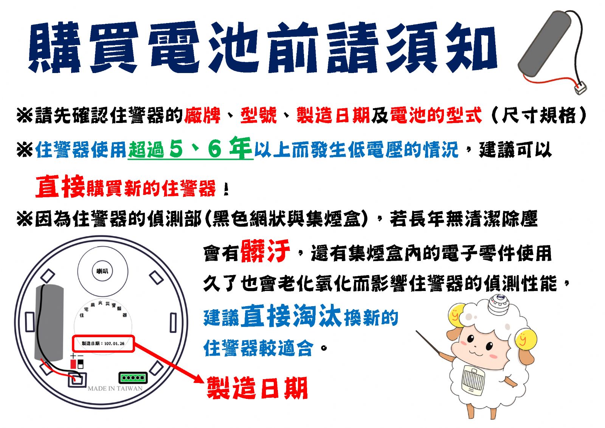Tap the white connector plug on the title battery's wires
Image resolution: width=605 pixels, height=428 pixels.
(580, 88)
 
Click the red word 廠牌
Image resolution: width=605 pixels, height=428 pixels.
(202, 115)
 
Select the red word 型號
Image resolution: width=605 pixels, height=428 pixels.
(259, 115)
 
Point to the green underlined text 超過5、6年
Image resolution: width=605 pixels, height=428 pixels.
(190, 148)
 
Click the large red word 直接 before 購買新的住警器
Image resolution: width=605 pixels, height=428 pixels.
(60, 186)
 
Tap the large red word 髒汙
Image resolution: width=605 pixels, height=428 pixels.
(265, 251)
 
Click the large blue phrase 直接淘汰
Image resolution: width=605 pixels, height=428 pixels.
(291, 316)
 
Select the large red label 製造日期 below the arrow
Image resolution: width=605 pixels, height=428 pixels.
(257, 388)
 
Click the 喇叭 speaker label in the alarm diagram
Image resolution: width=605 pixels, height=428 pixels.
(102, 271)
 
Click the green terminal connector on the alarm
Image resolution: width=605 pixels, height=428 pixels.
(133, 378)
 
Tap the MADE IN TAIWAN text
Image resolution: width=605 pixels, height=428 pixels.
(115, 389)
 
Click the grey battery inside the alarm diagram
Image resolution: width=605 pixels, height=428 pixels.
(49, 323)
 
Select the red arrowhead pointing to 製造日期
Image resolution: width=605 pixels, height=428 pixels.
(199, 379)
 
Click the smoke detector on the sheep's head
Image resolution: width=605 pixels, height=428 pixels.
(499, 304)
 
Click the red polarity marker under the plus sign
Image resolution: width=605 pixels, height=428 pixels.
(73, 364)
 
